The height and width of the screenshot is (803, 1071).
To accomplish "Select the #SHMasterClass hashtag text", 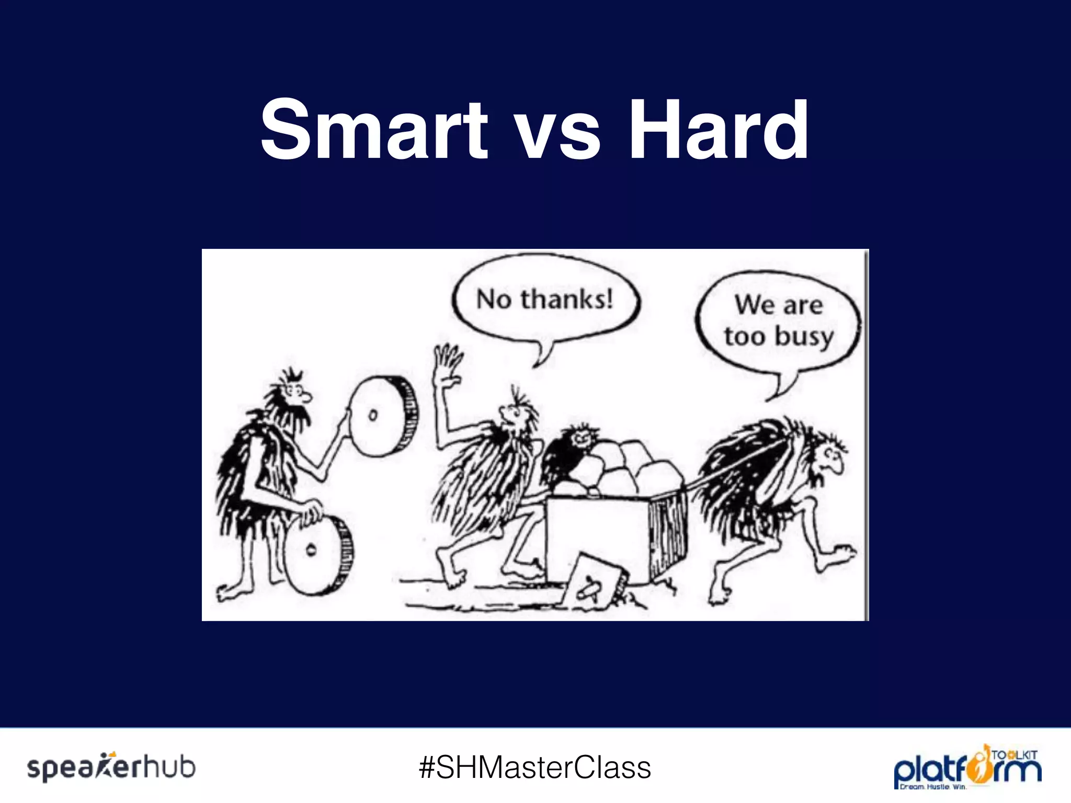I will point(534,767).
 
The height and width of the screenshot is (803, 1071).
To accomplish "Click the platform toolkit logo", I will point(967,767).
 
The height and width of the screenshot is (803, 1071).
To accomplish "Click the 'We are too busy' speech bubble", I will point(778,320).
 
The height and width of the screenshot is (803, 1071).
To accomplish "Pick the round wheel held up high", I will point(384,416).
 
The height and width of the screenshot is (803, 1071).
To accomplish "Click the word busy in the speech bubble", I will point(804,337).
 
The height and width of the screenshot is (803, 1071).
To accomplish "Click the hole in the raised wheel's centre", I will point(372,416).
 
